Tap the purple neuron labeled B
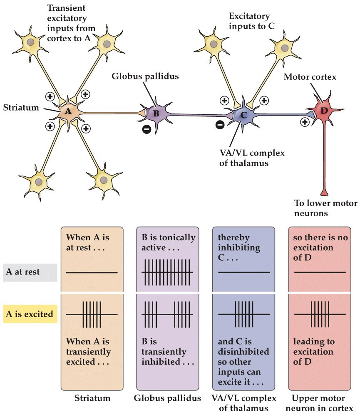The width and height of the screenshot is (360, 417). [x=156, y=113]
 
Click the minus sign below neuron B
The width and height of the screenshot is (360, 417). [x=146, y=130]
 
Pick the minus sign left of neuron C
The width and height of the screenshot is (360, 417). [x=220, y=124]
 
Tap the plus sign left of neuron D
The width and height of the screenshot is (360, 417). [x=305, y=122]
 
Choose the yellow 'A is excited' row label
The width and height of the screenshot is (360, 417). [x=30, y=314]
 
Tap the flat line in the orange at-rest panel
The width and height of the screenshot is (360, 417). [x=92, y=273]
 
